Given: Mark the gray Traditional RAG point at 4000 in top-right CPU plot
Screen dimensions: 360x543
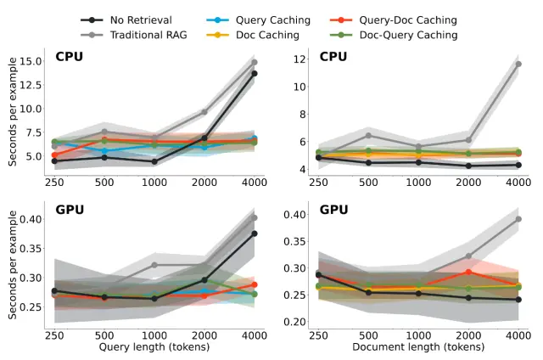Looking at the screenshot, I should pyautogui.click(x=518, y=64).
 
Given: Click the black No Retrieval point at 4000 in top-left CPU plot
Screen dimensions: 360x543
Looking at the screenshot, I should pyautogui.click(x=254, y=73).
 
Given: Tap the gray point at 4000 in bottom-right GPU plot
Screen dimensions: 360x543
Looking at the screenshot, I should pyautogui.click(x=518, y=218).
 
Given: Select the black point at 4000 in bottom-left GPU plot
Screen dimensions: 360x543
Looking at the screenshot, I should pyautogui.click(x=254, y=233).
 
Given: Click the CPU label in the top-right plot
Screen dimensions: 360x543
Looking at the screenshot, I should pyautogui.click(x=333, y=56).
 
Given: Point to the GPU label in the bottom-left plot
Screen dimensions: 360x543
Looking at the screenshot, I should pyautogui.click(x=70, y=210).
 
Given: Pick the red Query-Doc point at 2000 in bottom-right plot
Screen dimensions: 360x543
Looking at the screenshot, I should pyautogui.click(x=467, y=272).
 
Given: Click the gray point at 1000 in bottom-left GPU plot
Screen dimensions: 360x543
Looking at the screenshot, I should pyautogui.click(x=154, y=265).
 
